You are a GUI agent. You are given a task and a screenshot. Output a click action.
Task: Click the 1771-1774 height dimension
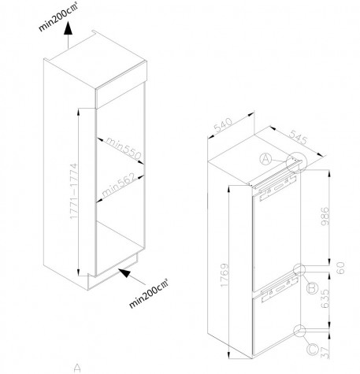[74, 191]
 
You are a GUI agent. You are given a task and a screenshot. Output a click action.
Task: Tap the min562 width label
[119, 184]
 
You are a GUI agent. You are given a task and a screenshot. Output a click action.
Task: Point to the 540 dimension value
[223, 125]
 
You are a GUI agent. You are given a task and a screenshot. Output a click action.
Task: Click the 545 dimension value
[299, 137]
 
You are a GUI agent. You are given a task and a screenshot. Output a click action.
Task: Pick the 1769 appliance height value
[225, 275]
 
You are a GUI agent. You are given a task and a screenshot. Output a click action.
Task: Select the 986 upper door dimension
[325, 217]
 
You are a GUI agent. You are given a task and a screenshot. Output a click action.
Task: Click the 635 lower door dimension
[325, 298]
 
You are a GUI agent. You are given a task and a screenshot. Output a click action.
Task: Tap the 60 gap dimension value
[340, 268]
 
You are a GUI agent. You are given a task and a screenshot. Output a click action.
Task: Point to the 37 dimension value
[325, 352]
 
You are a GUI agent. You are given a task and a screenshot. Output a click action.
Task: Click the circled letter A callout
[265, 159]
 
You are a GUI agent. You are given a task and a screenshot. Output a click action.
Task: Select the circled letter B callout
[313, 288]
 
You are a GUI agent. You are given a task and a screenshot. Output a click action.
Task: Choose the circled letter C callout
[313, 350]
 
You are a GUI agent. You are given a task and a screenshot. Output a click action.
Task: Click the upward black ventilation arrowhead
[68, 28]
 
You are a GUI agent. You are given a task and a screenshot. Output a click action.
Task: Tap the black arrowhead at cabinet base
[124, 272]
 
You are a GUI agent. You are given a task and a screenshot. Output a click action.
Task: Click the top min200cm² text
[58, 17]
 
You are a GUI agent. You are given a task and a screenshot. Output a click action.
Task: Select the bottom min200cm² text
[149, 294]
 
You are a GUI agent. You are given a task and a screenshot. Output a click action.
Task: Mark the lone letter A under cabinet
[77, 368]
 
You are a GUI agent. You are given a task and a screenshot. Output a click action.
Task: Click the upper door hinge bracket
[277, 188]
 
